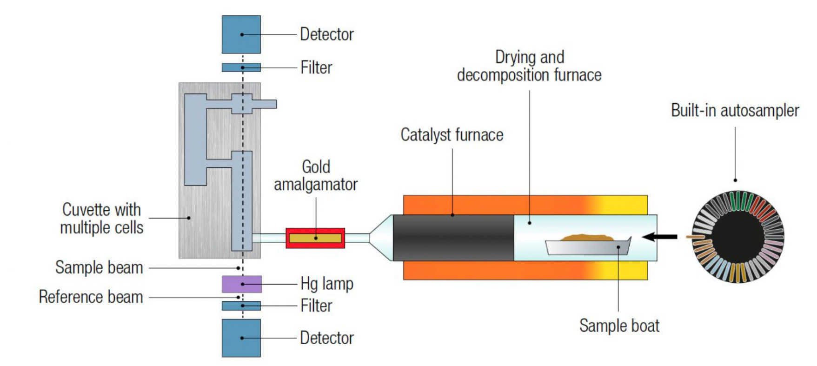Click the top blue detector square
tap(241, 34)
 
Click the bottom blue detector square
tap(241, 338)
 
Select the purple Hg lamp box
tap(241, 284)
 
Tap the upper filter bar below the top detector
tap(241, 67)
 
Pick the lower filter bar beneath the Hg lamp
tap(241, 306)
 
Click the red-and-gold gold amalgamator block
tap(315, 238)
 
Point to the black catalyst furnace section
tap(453, 238)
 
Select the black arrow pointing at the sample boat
tap(659, 237)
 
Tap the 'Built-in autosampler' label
tap(735, 111)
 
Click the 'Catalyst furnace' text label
tap(452, 135)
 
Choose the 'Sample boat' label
tap(619, 326)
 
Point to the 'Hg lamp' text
tap(327, 284)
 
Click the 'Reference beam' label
tap(91, 297)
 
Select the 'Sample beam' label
tap(99, 267)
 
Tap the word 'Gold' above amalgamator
tap(316, 166)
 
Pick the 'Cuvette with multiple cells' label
tap(101, 219)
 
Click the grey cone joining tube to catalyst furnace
tap(381, 238)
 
